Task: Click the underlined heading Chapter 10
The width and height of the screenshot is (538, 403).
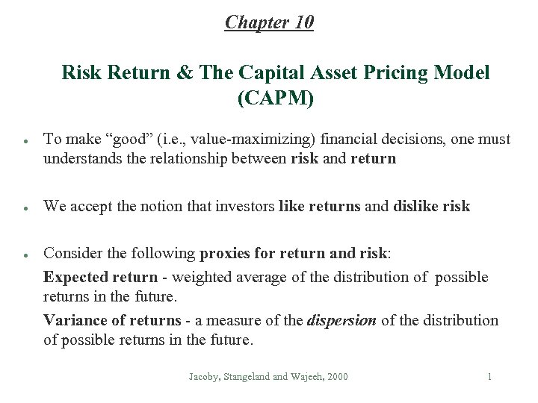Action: click(x=269, y=22)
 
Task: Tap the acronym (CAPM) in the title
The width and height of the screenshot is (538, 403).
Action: click(x=275, y=98)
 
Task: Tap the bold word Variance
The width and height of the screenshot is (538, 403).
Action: click(x=72, y=321)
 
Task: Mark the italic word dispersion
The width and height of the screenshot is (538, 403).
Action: click(x=341, y=321)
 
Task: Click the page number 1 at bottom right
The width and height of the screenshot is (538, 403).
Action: click(x=489, y=377)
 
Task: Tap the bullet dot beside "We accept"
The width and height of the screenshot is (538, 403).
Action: click(x=26, y=207)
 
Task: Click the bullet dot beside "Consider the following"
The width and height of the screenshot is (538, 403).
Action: click(x=26, y=255)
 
